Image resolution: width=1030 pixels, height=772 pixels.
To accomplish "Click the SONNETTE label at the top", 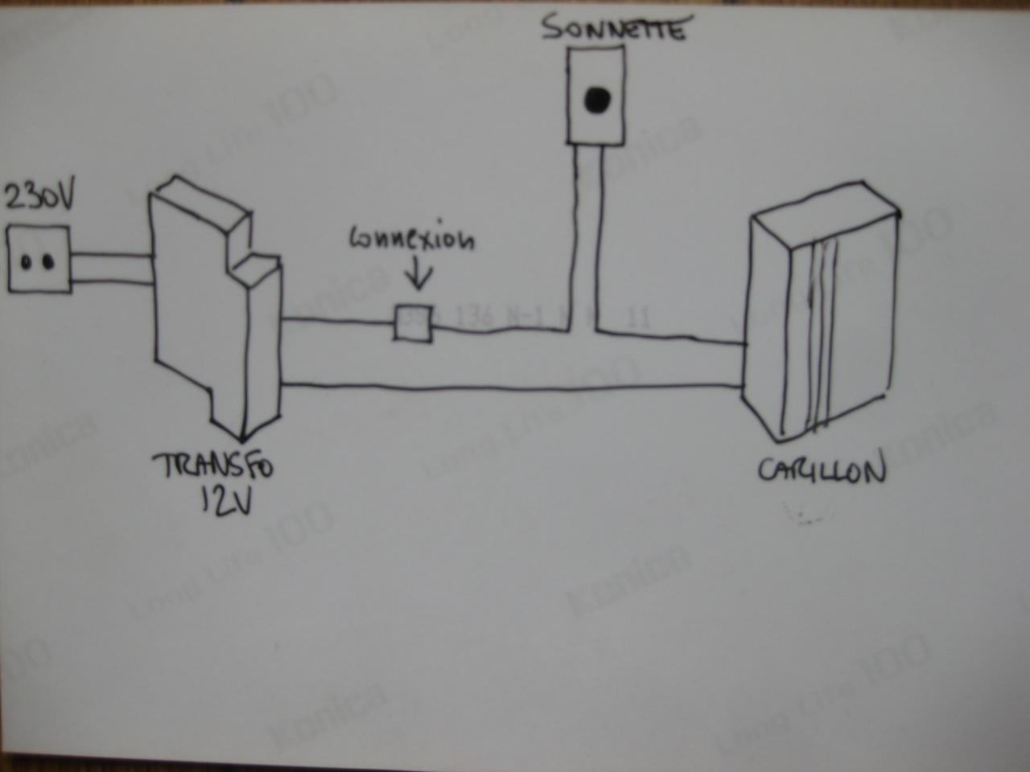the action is [x=613, y=30].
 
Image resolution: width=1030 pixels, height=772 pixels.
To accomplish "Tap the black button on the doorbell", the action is [x=597, y=99].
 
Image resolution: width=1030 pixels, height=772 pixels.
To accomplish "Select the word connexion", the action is [x=413, y=240].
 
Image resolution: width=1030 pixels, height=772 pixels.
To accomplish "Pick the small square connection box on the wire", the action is [x=413, y=322].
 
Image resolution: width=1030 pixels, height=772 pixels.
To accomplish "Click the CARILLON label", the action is [x=821, y=470].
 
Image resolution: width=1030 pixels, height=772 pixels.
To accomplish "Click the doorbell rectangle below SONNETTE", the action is [x=596, y=95].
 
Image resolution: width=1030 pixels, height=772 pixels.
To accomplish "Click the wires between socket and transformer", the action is [x=111, y=268].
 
